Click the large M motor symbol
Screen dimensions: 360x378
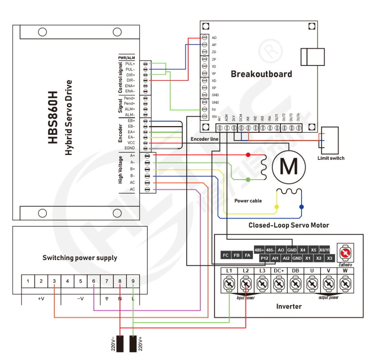pos(289,166)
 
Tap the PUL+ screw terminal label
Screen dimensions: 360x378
pos(130,63)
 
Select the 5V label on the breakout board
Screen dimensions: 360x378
pos(214,109)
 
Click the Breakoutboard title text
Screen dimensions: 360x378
pos(261,74)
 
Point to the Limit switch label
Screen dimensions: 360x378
pos(331,158)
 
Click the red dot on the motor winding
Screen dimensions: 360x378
pos(248,155)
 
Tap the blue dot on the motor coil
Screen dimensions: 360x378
pos(302,207)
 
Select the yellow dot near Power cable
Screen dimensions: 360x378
pos(277,207)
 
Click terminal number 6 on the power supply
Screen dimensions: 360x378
pos(94,281)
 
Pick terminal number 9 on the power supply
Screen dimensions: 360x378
pos(133,281)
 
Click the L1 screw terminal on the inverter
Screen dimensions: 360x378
pos(229,283)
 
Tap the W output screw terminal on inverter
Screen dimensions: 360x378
pos(345,283)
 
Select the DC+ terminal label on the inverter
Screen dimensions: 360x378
pos(279,270)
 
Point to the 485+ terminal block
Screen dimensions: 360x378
pos(260,250)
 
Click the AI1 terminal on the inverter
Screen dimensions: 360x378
pos(275,258)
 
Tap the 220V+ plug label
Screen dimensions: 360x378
pos(140,344)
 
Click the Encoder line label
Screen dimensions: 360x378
pos(204,139)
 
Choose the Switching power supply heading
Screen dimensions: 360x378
pos(80,258)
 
